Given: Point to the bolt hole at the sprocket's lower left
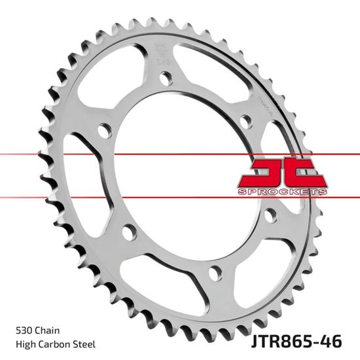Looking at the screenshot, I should [x=129, y=232].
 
